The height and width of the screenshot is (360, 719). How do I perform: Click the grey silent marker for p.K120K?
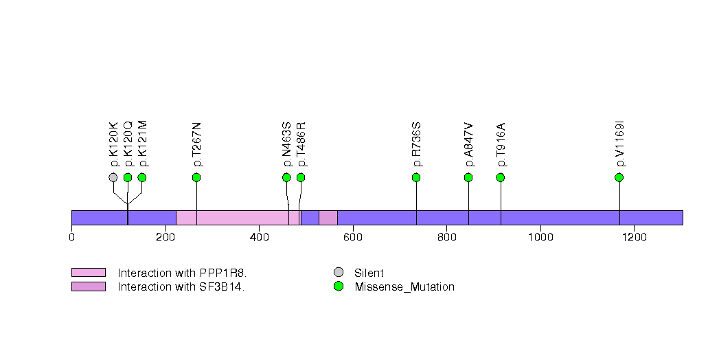click(x=113, y=177)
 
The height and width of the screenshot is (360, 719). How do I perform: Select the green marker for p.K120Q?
click(x=128, y=177)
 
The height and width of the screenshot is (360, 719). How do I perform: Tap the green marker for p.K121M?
click(x=141, y=177)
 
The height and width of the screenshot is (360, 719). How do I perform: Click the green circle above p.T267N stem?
click(x=196, y=177)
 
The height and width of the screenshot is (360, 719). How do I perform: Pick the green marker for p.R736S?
click(x=416, y=177)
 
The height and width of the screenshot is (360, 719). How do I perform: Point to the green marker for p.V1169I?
click(x=619, y=177)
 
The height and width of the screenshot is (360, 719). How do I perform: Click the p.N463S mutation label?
click(x=286, y=144)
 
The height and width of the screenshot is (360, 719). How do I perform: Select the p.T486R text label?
click(x=301, y=144)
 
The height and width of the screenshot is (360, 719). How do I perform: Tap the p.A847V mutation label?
click(x=468, y=144)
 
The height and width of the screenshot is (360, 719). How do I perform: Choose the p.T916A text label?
click(x=501, y=144)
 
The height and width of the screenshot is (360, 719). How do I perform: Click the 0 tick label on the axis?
click(x=71, y=237)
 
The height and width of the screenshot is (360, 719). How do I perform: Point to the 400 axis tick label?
click(x=259, y=237)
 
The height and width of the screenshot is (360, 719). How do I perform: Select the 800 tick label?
click(x=446, y=237)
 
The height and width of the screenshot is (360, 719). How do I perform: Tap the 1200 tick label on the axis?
click(x=634, y=237)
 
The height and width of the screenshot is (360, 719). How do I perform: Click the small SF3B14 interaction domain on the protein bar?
click(x=328, y=218)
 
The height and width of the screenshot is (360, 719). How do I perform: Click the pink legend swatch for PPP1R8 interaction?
click(x=89, y=273)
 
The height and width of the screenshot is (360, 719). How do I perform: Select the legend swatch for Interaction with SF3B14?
click(x=89, y=286)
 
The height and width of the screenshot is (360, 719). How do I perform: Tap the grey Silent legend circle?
click(x=339, y=273)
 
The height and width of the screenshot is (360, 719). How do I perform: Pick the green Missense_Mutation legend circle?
click(x=339, y=286)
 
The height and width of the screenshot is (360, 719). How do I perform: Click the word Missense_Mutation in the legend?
click(x=404, y=287)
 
